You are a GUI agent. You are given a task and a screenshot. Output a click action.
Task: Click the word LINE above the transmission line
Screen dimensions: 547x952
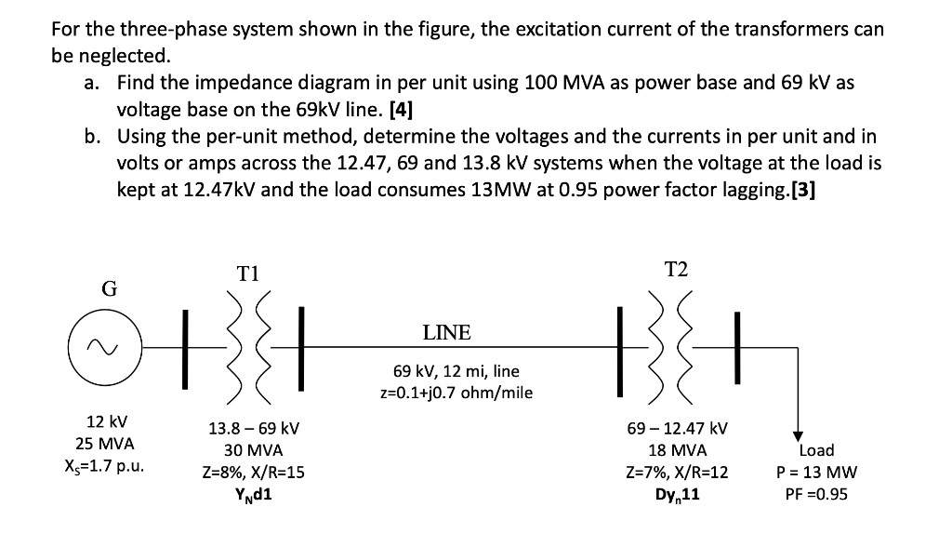tap(446, 332)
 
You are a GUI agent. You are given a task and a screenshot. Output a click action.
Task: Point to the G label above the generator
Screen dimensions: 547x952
tap(108, 288)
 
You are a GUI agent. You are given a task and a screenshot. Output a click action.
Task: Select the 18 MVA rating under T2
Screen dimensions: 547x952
tap(677, 451)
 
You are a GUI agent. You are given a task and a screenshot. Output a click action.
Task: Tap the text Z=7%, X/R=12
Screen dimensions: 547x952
tap(677, 473)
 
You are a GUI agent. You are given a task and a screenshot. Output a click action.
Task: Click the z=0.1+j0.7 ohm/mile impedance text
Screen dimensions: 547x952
tap(462, 392)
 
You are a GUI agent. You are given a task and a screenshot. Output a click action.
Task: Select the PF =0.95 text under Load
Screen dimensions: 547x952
tap(816, 494)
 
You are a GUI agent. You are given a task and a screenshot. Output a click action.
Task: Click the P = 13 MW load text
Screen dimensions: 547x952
tap(816, 473)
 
